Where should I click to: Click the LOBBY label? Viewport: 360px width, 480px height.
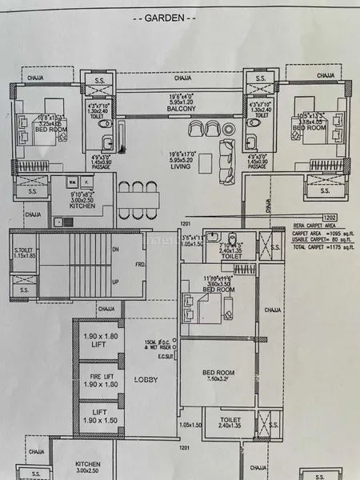point(146,379)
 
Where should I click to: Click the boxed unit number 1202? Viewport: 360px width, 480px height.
point(330,217)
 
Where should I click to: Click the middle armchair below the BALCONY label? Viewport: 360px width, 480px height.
point(209,129)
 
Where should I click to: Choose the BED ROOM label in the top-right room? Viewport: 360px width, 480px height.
point(310,127)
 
